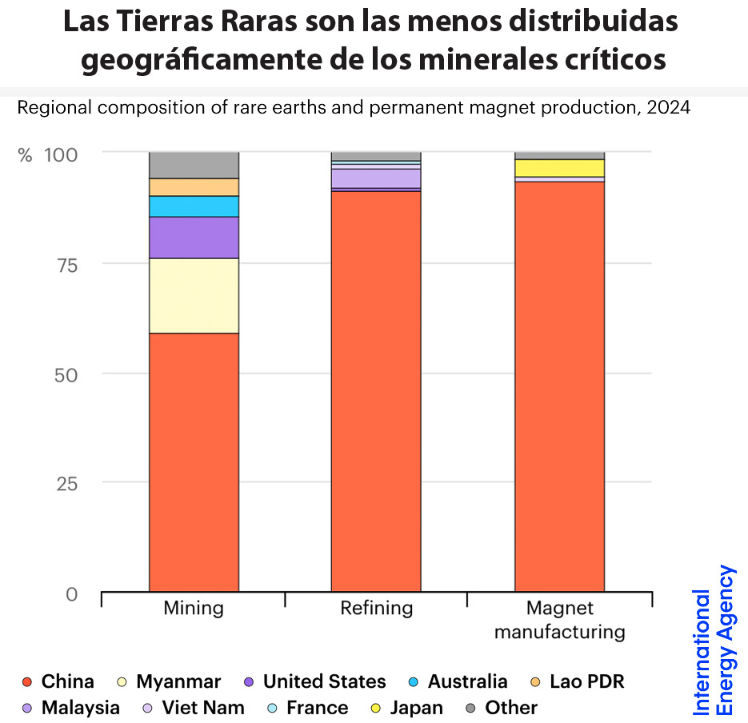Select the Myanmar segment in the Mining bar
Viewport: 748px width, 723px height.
194,295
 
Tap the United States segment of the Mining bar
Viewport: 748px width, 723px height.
194,238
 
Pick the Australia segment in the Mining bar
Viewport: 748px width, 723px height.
194,206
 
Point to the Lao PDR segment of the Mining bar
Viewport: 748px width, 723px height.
194,187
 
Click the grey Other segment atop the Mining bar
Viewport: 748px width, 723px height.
194,165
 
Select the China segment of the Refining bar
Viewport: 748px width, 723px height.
376,391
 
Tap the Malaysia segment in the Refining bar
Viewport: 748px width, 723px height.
376,178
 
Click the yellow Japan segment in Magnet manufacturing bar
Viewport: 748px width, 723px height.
559,168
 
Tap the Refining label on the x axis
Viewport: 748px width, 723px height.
376,608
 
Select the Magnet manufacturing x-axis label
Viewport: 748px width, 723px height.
559,620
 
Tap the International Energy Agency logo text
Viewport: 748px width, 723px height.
714,640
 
